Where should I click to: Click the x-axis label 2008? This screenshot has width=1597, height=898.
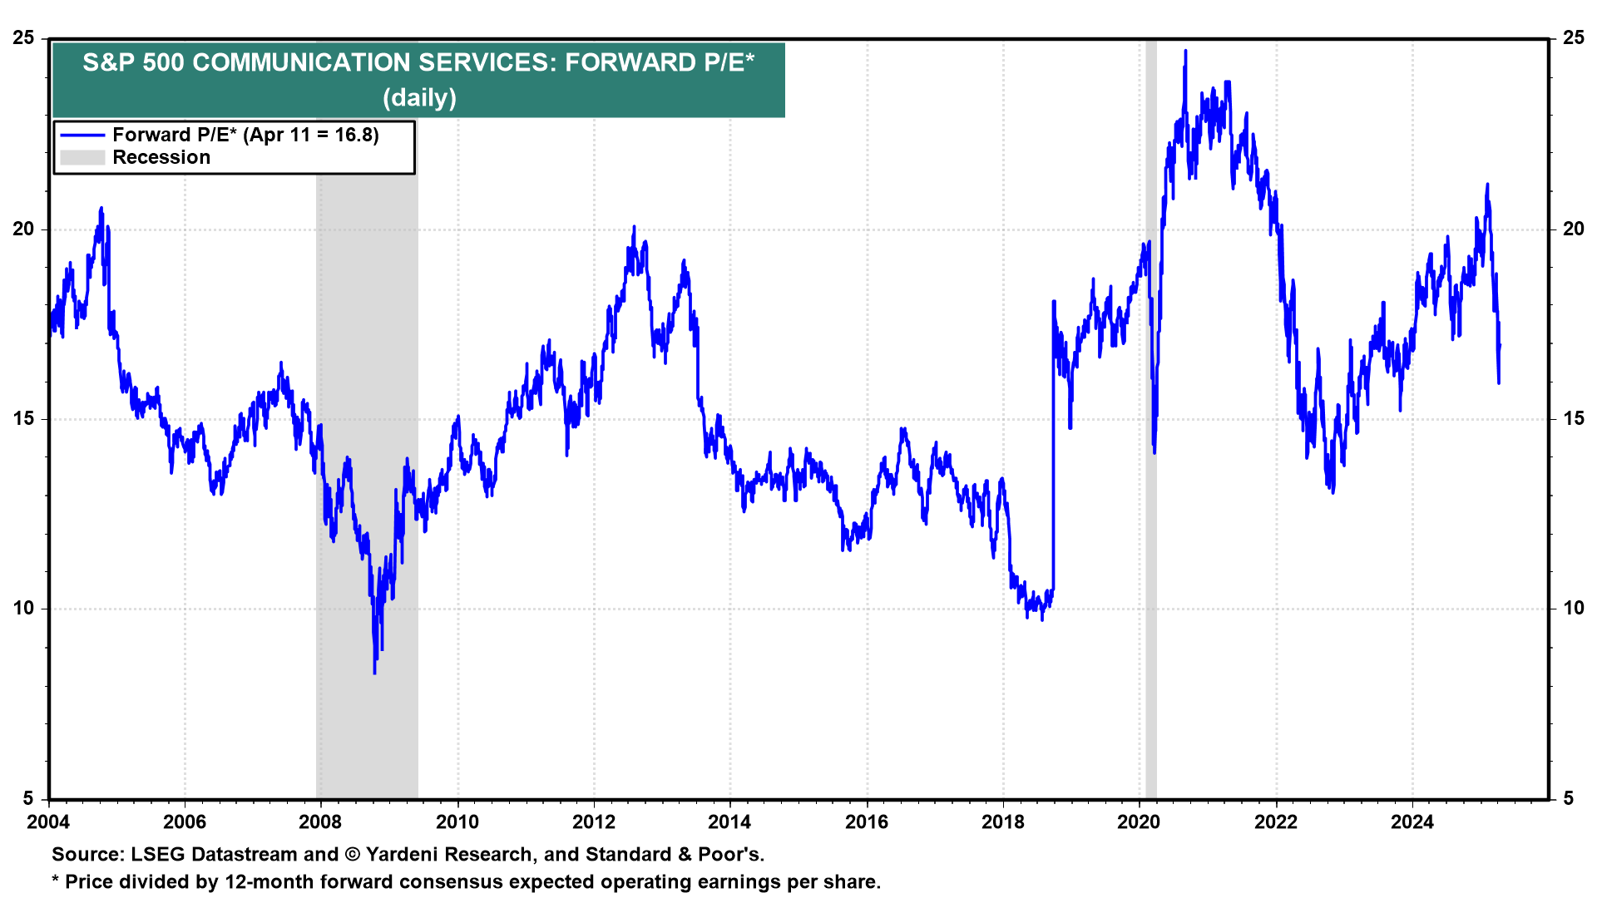pyautogui.click(x=320, y=822)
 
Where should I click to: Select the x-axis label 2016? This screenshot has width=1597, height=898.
pyautogui.click(x=866, y=822)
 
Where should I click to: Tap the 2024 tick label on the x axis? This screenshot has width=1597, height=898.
pyautogui.click(x=1412, y=822)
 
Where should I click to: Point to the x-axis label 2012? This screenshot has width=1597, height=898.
pyautogui.click(x=593, y=822)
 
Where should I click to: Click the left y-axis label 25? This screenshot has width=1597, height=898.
pyautogui.click(x=24, y=38)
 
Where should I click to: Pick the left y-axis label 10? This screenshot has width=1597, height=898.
pyautogui.click(x=24, y=609)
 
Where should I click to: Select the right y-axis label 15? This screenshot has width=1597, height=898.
pyautogui.click(x=1573, y=419)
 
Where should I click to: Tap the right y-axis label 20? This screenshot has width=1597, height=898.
pyautogui.click(x=1573, y=229)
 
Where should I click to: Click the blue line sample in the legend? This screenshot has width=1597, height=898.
pyautogui.click(x=82, y=136)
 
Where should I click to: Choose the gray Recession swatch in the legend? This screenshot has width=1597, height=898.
pyautogui.click(x=82, y=158)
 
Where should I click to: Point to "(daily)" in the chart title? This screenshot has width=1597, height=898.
pyautogui.click(x=419, y=98)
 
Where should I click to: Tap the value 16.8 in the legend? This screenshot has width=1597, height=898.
pyautogui.click(x=356, y=136)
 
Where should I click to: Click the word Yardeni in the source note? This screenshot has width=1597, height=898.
pyautogui.click(x=406, y=855)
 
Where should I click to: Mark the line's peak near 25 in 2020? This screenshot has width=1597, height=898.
pyautogui.click(x=1185, y=52)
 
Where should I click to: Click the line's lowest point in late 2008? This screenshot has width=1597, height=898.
pyautogui.click(x=374, y=672)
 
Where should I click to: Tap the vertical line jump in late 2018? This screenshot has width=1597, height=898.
pyautogui.click(x=1053, y=449)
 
